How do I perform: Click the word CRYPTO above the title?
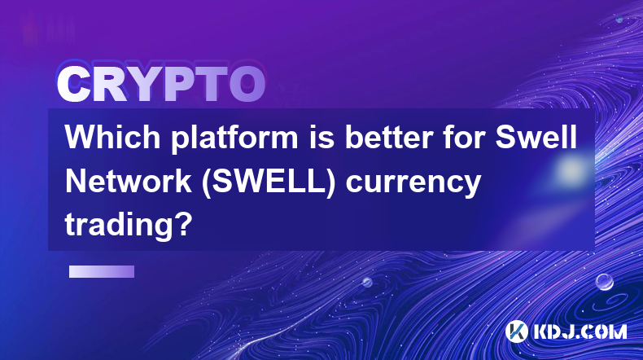161,84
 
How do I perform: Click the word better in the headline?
389,137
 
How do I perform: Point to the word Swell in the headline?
536,137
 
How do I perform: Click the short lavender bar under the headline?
102,271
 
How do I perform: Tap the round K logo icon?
516,331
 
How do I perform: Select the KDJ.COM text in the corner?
580,331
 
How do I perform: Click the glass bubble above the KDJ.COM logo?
604,282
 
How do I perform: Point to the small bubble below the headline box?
367,282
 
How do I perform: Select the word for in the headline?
464,137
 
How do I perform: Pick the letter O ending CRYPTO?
247,84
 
